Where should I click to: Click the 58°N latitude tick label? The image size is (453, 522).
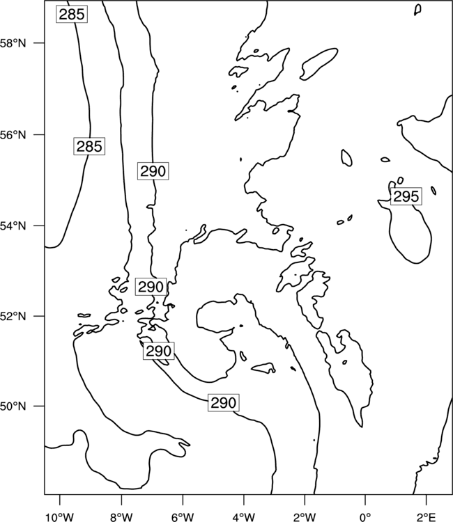[13, 43]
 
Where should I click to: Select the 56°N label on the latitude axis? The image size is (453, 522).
[13, 135]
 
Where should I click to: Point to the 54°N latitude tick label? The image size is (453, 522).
[13, 226]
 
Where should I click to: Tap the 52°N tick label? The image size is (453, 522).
[13, 316]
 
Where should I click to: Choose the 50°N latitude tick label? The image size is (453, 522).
[13, 406]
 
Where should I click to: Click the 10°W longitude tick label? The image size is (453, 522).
[60, 517]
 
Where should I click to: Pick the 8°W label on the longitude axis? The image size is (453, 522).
[121, 517]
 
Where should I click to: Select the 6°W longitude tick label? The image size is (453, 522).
[183, 517]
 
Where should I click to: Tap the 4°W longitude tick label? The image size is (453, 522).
[244, 517]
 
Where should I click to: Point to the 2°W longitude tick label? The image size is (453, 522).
[305, 517]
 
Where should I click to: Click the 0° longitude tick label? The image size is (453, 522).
[365, 517]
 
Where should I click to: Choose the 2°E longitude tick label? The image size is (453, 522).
[427, 517]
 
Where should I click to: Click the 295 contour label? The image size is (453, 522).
[406, 196]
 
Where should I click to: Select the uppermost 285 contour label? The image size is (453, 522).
[72, 15]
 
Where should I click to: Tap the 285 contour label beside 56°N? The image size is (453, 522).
[89, 146]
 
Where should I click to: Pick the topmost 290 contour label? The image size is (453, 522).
[153, 171]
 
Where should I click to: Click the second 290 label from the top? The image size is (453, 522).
[151, 287]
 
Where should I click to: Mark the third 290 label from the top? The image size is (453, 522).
[159, 351]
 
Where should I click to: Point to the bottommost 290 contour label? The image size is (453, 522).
[224, 403]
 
